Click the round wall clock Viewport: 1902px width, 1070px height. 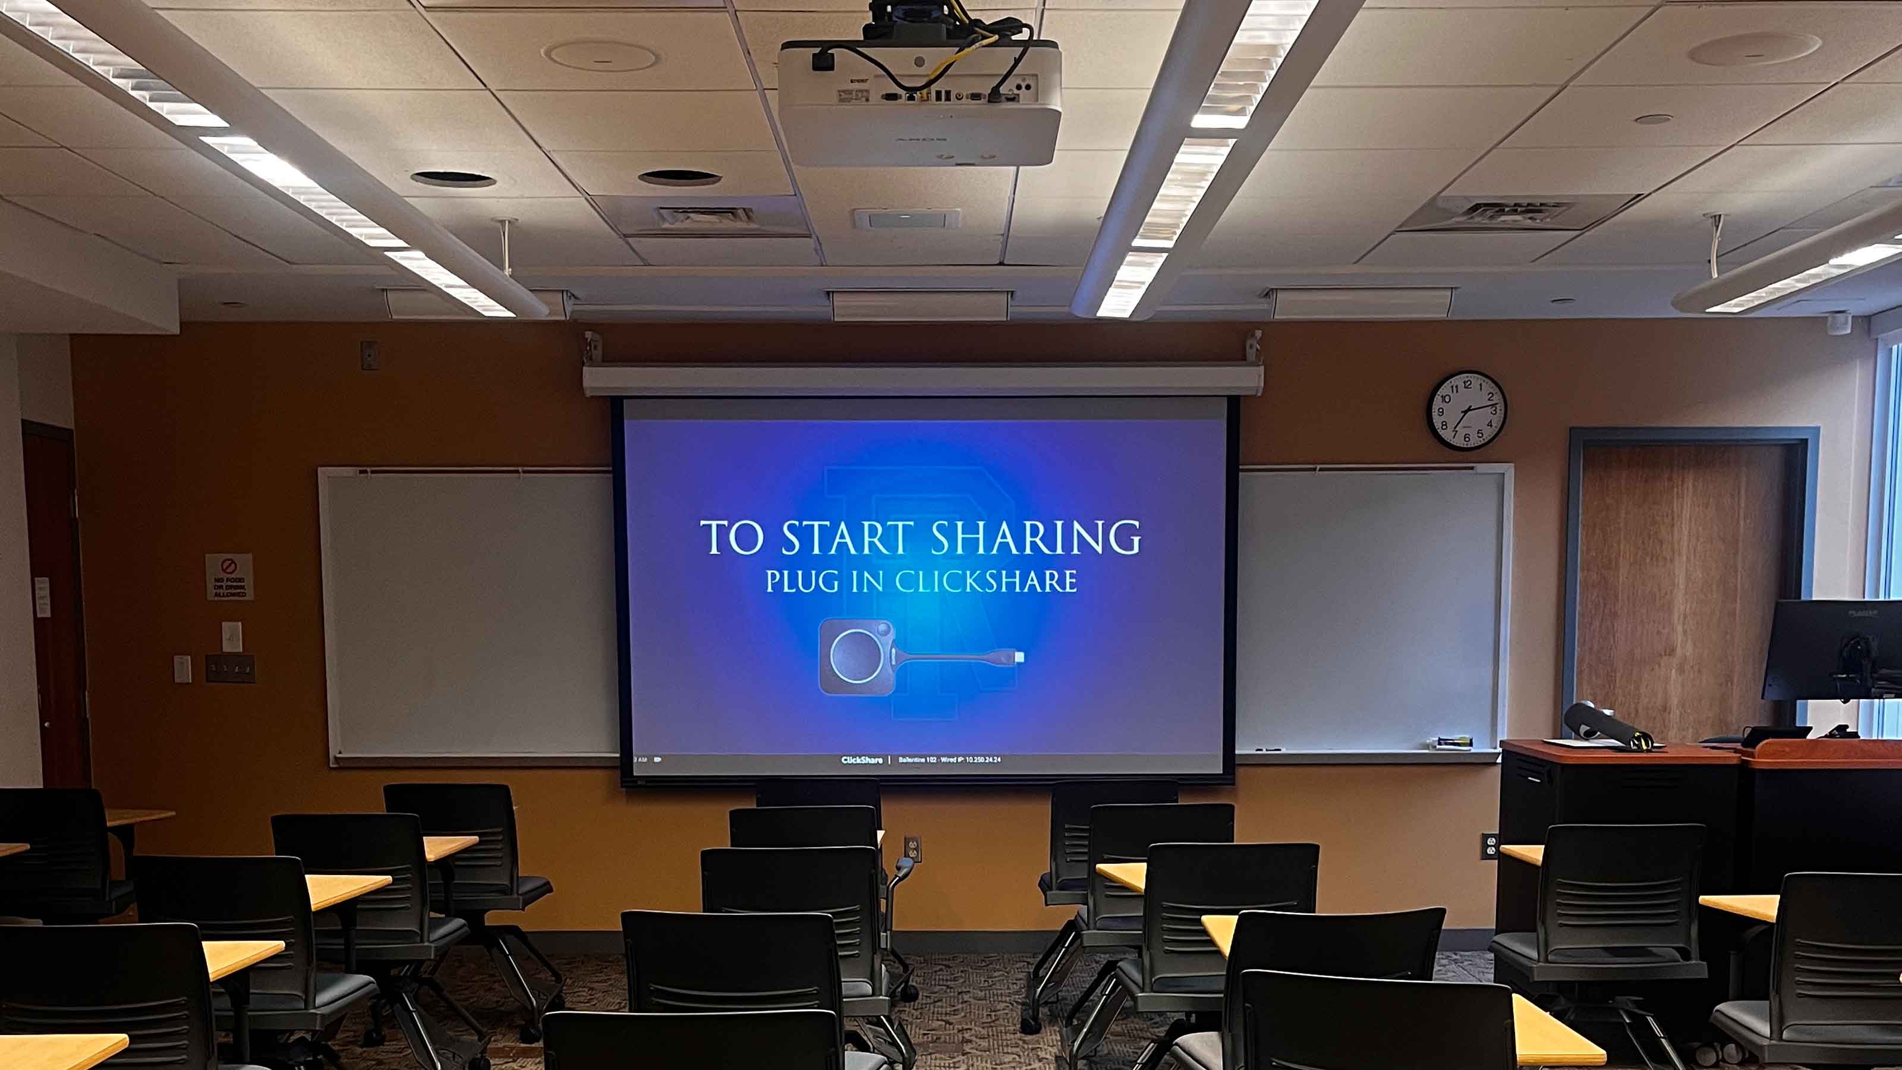(x=1466, y=411)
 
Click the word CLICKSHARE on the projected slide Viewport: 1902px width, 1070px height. (x=985, y=581)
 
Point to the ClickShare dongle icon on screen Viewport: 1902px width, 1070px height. (x=919, y=656)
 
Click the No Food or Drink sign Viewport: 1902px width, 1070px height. (x=229, y=576)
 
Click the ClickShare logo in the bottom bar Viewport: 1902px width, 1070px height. (x=862, y=760)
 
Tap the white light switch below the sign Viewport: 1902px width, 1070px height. (x=232, y=637)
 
